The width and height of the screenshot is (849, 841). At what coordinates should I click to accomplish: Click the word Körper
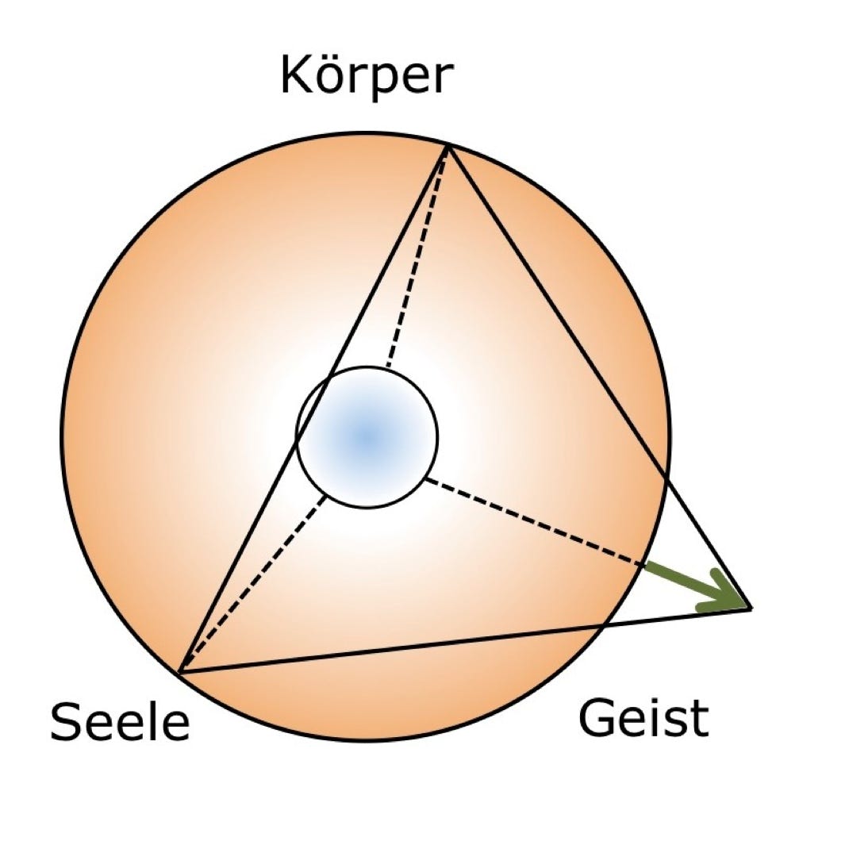pos(366,76)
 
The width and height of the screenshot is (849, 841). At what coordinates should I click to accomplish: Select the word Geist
pos(642,718)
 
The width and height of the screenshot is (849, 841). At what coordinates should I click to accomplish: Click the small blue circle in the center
pos(367,436)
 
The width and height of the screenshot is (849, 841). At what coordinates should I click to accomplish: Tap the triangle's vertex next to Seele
pos(179,673)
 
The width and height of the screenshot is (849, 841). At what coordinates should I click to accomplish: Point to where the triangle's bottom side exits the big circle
pos(603,625)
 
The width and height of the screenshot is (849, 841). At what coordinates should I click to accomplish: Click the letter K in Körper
pos(295,76)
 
